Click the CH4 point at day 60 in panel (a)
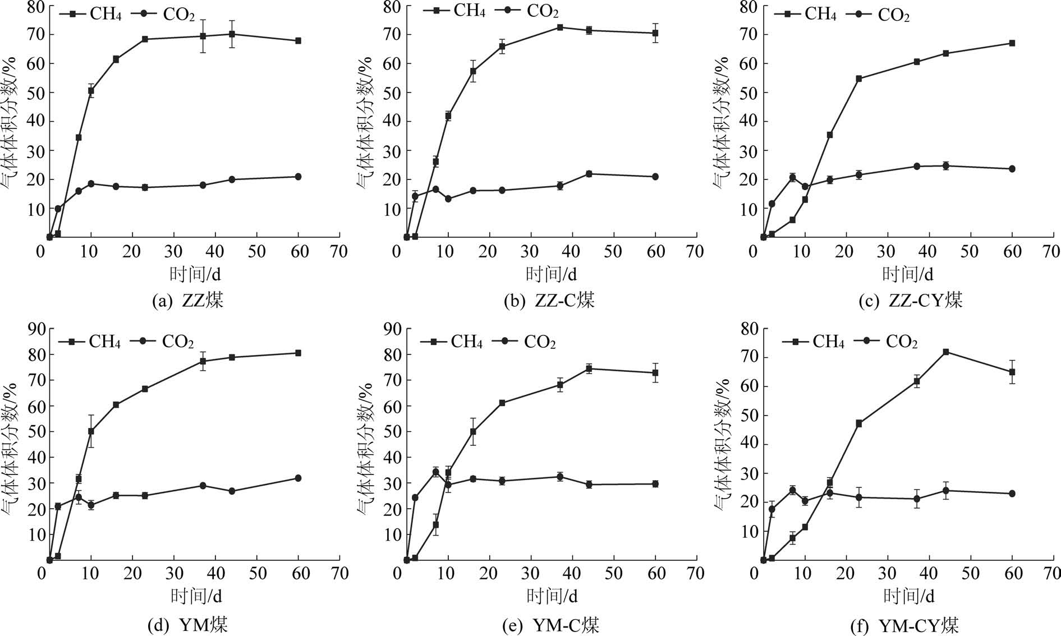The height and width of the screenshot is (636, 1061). (x=298, y=41)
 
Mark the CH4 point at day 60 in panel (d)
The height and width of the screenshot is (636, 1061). (x=298, y=353)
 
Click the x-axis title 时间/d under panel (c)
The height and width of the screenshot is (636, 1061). (x=908, y=274)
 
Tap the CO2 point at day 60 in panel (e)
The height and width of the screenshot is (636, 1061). (x=655, y=484)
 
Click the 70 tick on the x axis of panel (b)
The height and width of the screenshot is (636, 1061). (x=695, y=252)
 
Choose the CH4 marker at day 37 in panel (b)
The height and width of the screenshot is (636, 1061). (x=560, y=27)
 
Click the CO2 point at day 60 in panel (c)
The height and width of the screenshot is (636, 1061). (x=1012, y=169)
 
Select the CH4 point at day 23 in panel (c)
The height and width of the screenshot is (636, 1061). (x=858, y=79)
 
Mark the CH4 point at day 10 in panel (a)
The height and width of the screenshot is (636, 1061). (x=91, y=90)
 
